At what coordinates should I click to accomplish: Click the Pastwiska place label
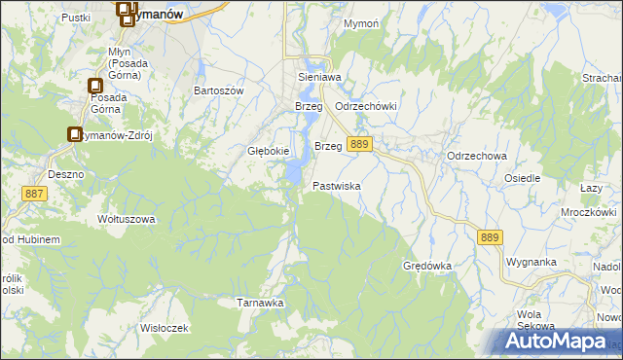click(337, 185)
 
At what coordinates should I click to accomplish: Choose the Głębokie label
click(268, 151)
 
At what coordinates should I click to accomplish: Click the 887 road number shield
click(35, 194)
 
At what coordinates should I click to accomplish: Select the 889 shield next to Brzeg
click(359, 144)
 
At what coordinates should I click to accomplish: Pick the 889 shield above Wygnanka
click(491, 235)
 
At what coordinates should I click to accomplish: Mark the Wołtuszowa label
click(127, 219)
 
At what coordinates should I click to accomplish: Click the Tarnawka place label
click(261, 303)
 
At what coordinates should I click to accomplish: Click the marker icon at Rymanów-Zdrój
click(75, 135)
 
